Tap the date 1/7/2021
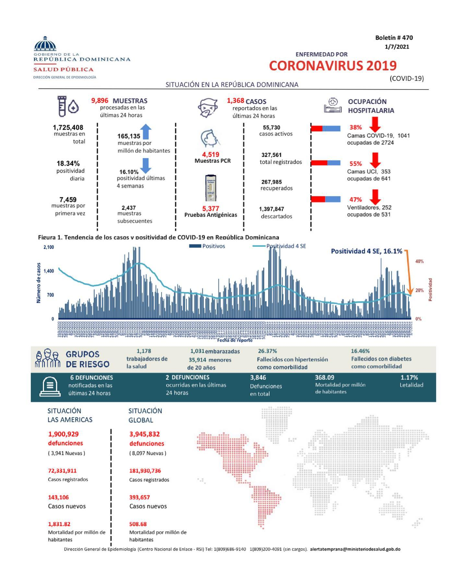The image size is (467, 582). [x=397, y=47]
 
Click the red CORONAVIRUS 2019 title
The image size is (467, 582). [x=333, y=65]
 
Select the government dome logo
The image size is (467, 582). [x=45, y=44]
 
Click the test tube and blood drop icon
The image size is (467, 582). [x=67, y=106]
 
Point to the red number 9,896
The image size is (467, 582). [x=100, y=101]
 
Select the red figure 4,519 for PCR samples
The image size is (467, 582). [x=211, y=155]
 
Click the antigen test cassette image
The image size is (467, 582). [x=210, y=188]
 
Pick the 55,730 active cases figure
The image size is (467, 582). [x=271, y=127]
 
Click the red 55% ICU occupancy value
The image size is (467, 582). [x=355, y=164]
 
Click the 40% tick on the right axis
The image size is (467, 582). [x=419, y=261]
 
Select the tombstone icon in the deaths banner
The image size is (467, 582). [x=50, y=387]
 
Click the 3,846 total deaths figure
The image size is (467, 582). [x=258, y=377]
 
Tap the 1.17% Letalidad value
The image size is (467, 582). [x=409, y=377]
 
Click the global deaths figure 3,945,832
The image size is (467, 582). [x=144, y=434]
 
